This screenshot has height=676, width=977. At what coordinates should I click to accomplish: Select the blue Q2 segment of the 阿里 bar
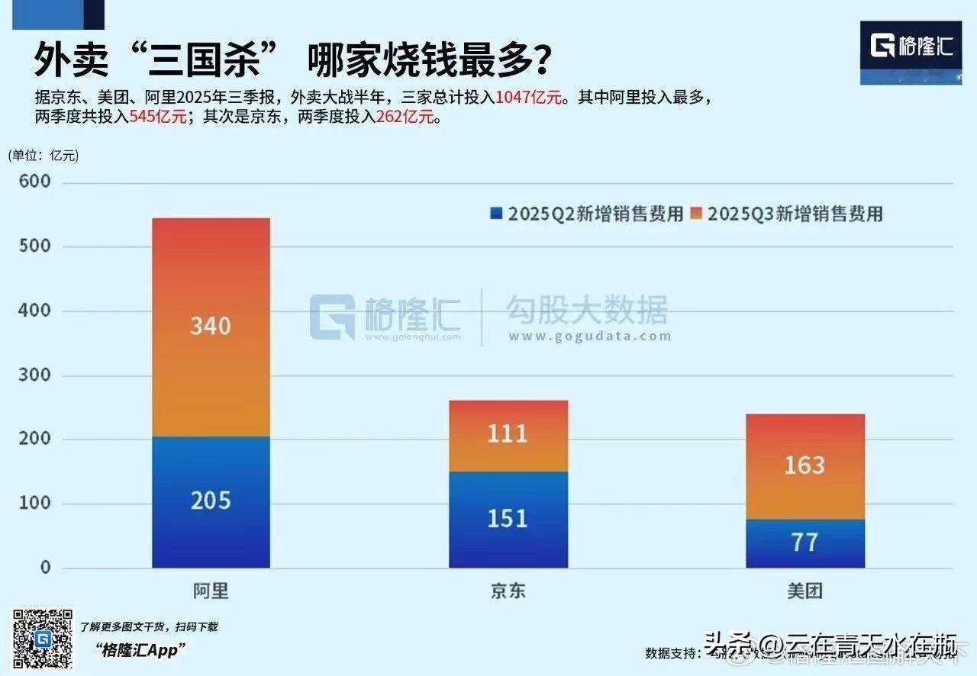[x=211, y=534]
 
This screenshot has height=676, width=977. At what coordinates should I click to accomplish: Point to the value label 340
[x=211, y=326]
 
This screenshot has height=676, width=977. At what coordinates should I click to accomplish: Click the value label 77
[x=805, y=542]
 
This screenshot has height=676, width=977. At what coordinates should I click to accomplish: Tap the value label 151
[x=508, y=519]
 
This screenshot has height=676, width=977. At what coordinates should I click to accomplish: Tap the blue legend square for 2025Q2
[x=496, y=214]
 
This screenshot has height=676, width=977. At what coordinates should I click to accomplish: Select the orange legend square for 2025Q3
[x=696, y=214]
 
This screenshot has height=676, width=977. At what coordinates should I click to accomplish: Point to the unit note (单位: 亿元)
[x=44, y=156]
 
